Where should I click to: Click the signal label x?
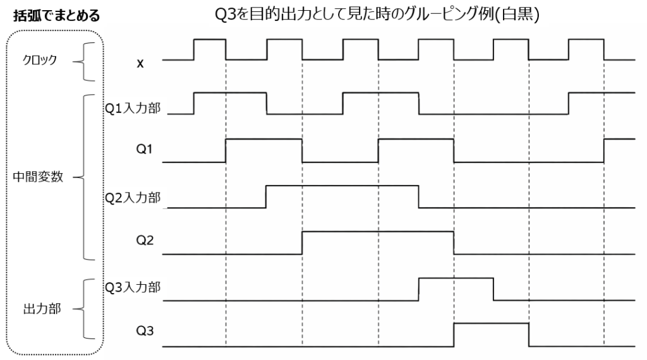coord(140,63)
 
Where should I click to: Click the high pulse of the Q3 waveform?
coord(491,323)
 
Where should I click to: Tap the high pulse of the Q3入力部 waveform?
coord(456,278)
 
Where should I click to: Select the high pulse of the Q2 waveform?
coord(378,232)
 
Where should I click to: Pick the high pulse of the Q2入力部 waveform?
coord(342,186)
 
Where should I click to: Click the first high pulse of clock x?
coord(210,40)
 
